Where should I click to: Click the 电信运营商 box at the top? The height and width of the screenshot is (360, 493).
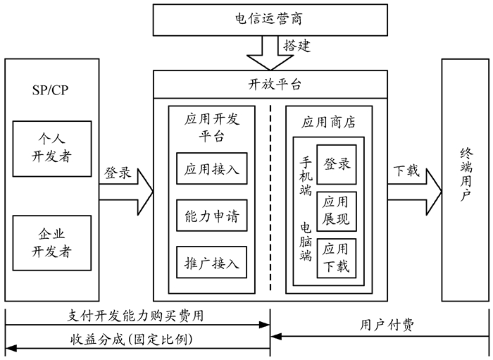(x=270, y=18)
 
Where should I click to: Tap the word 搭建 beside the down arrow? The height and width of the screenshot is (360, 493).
(x=297, y=46)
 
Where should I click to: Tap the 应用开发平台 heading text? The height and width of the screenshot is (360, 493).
(x=212, y=127)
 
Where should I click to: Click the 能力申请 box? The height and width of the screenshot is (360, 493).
(x=212, y=216)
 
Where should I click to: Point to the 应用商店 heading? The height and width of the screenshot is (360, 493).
(x=328, y=122)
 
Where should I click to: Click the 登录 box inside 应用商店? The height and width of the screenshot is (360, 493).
(x=337, y=164)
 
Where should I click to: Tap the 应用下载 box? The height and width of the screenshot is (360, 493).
(x=337, y=258)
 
